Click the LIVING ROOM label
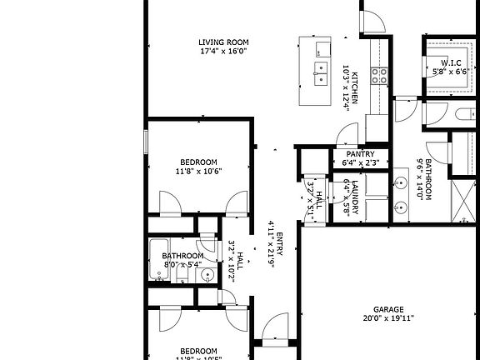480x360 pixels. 224,42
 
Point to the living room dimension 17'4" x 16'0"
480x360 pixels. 224,52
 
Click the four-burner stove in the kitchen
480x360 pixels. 379,77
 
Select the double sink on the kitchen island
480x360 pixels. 320,73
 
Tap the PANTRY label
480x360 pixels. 360,154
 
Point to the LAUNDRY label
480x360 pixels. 355,197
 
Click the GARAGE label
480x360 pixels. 388,308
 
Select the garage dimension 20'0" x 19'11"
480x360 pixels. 388,317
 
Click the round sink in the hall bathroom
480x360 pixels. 208,274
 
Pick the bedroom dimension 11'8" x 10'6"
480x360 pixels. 197,172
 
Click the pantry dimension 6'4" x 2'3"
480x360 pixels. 360,163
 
